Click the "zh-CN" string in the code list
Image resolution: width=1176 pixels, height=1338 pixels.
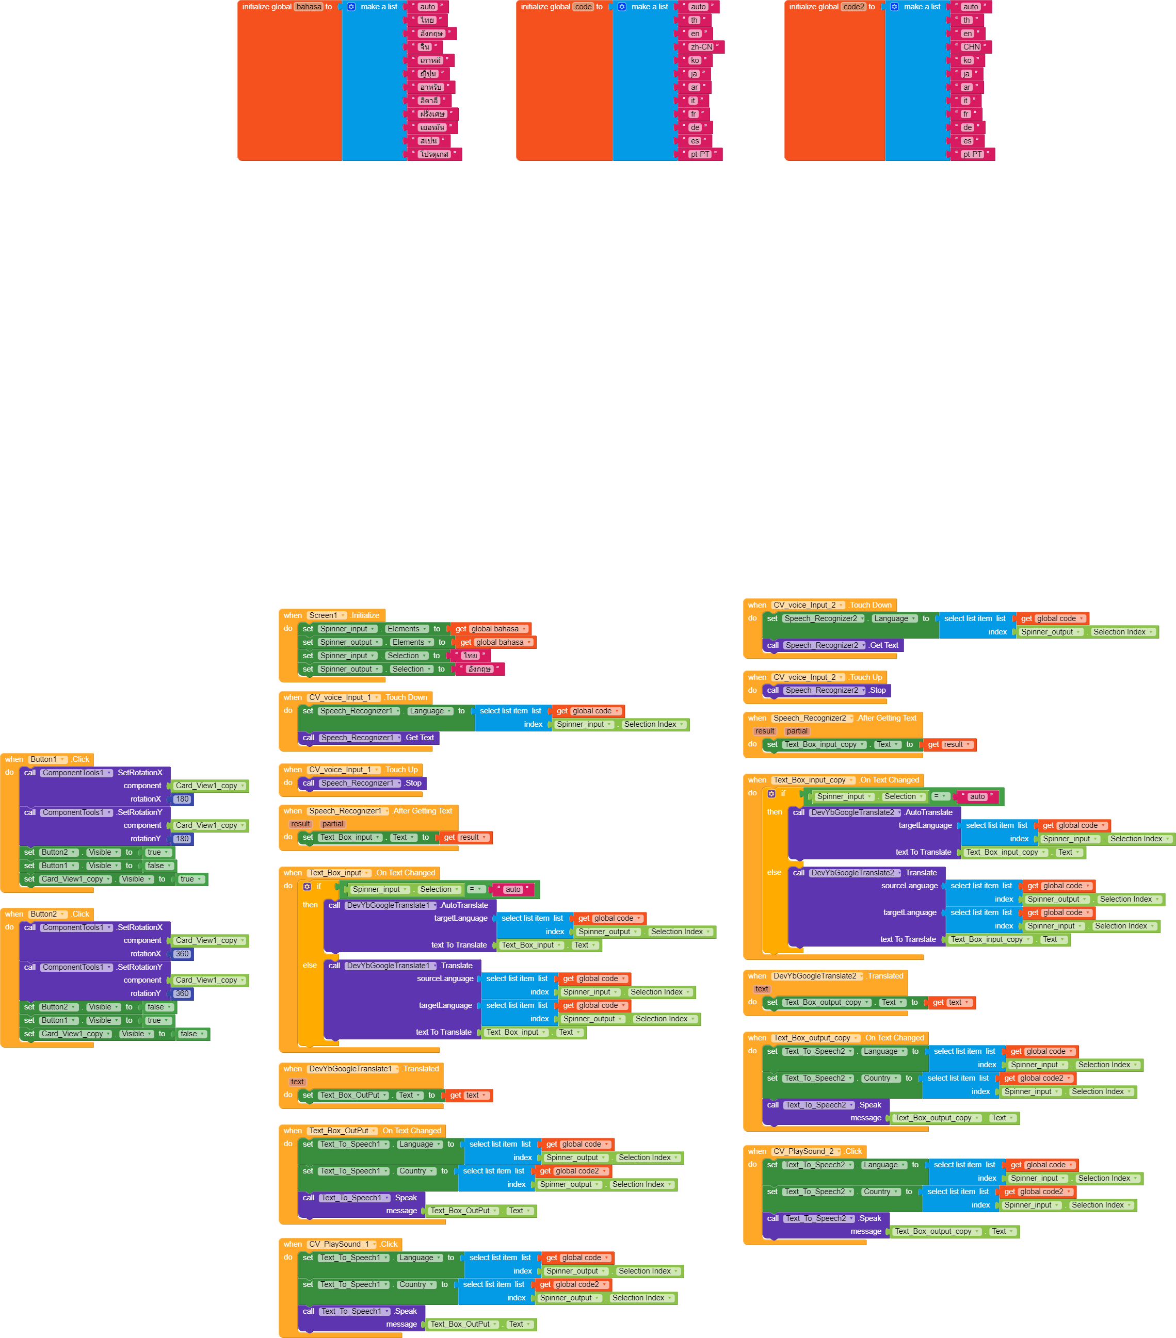point(701,47)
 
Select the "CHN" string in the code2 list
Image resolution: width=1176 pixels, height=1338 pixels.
point(971,47)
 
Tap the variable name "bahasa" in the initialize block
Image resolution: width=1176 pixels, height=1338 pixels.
point(309,7)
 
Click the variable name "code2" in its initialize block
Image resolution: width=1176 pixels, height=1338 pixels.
point(853,7)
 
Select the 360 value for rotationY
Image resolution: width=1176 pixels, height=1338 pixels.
point(182,993)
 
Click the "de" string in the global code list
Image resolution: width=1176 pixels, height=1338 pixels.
point(695,127)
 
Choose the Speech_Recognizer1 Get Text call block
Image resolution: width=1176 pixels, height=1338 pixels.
point(368,738)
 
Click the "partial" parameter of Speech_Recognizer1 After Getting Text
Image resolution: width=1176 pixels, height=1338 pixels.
point(333,824)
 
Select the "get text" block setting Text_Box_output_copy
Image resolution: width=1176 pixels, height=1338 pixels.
point(951,1002)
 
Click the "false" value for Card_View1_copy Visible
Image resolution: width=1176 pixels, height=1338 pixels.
point(190,1034)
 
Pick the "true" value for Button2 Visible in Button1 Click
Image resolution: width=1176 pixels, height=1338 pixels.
point(157,852)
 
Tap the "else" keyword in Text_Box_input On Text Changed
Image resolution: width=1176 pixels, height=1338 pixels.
point(310,965)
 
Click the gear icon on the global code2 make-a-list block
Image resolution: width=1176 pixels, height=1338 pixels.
point(894,7)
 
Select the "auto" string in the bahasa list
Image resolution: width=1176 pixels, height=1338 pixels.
point(428,7)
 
